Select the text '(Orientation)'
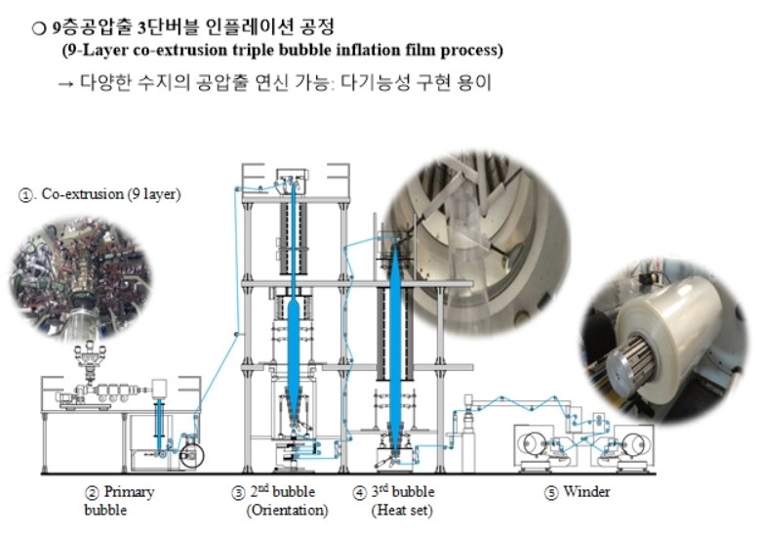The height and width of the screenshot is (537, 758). (288, 509)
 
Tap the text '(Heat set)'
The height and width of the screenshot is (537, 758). (402, 509)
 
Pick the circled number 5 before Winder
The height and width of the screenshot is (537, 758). (551, 491)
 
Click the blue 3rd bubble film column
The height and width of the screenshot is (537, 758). (395, 332)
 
